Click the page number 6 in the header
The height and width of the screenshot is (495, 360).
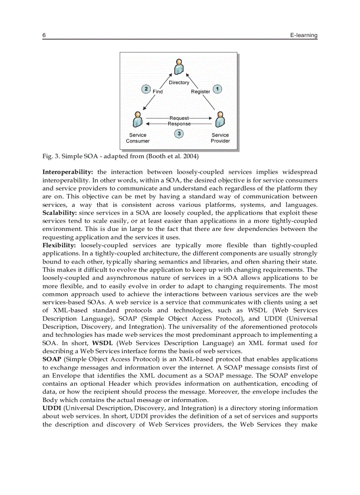pos(44,35)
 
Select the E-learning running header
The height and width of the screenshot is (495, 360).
pos(304,35)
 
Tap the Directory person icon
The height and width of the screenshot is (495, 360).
pos(179,67)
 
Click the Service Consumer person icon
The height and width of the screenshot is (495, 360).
pos(138,119)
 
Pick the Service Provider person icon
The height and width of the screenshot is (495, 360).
pos(220,119)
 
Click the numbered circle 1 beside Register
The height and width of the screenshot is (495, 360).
pos(217,89)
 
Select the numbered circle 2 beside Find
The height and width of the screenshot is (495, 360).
pos(146,89)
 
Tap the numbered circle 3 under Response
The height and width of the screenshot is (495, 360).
pos(179,133)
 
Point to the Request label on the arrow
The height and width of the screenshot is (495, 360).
pos(179,118)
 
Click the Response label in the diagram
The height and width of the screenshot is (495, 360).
pos(179,124)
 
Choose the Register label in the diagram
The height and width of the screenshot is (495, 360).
pos(200,92)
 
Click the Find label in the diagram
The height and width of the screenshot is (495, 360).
pos(158,92)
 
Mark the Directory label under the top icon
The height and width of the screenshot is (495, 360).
pos(179,82)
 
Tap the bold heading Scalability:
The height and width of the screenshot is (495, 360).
pos(60,212)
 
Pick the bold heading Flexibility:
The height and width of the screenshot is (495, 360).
pos(59,245)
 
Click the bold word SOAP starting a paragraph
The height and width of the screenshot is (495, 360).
pos(52,359)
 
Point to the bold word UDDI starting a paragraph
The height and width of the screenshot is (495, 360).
pos(51,408)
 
